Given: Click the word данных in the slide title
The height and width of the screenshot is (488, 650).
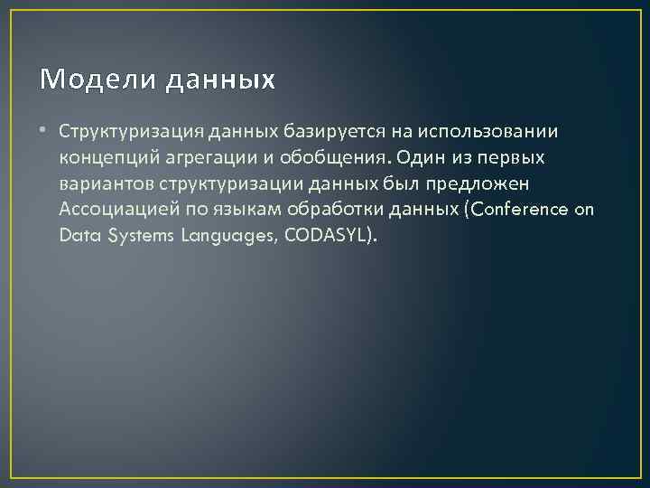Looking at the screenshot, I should point(219,80).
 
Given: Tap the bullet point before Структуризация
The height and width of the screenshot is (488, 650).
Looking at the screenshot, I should point(45,132).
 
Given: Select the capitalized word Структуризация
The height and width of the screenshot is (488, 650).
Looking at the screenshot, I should point(133,132).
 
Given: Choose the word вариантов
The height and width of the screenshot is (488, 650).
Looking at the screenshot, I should point(107,184).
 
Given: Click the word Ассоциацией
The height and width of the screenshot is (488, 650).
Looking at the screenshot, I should point(118,211).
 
